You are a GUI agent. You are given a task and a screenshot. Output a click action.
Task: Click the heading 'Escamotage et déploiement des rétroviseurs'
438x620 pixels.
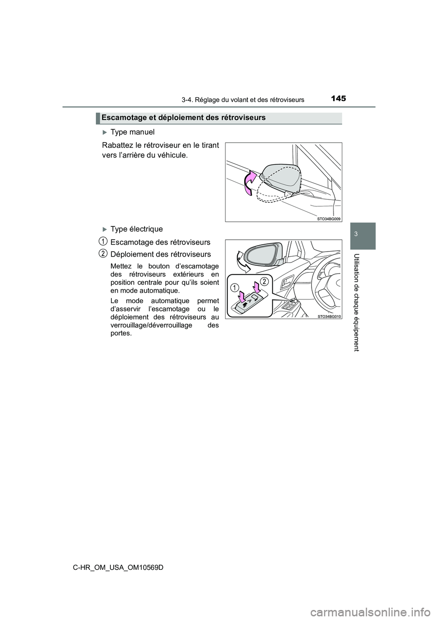[x=183, y=117]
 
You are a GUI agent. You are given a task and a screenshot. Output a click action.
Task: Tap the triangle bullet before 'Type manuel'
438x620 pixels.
[x=104, y=132]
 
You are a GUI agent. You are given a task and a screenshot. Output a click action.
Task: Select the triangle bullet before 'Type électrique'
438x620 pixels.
[x=104, y=229]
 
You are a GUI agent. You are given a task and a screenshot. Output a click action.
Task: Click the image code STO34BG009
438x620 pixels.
[x=328, y=219]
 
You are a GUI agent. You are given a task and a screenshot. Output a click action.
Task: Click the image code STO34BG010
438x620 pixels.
[x=328, y=316]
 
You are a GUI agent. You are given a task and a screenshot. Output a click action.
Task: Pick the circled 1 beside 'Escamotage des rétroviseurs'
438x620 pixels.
[x=104, y=242]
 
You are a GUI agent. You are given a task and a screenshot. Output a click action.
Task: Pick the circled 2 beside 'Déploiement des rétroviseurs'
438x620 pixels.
[x=104, y=253]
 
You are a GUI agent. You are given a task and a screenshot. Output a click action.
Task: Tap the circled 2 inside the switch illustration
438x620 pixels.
[x=264, y=280]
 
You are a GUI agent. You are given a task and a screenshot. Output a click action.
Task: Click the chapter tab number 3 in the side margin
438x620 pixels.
[x=364, y=233]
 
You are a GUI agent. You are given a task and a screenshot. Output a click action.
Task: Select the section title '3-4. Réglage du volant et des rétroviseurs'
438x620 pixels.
[x=243, y=100]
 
